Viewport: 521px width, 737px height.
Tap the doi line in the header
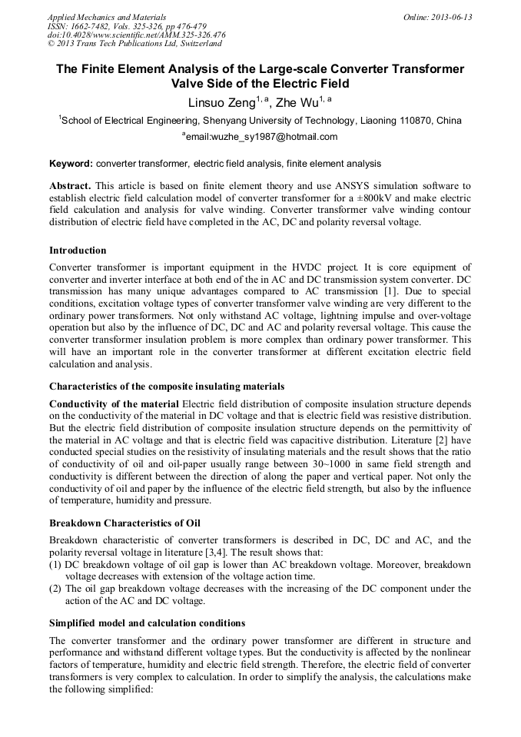pos(137,35)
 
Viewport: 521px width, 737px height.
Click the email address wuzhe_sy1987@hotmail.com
pos(265,137)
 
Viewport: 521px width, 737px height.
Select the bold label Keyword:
pos(71,164)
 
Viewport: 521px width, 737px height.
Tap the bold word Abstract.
pos(70,187)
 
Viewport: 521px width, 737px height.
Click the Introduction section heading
pos(78,250)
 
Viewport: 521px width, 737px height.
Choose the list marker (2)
pos(56,589)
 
